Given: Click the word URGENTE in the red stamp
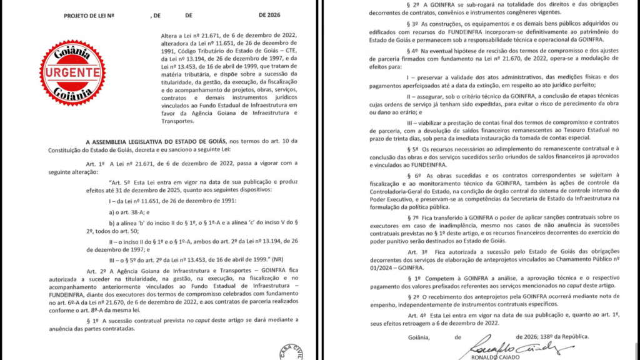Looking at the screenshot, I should pos(72,73).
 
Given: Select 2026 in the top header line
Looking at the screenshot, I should pos(271,14).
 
